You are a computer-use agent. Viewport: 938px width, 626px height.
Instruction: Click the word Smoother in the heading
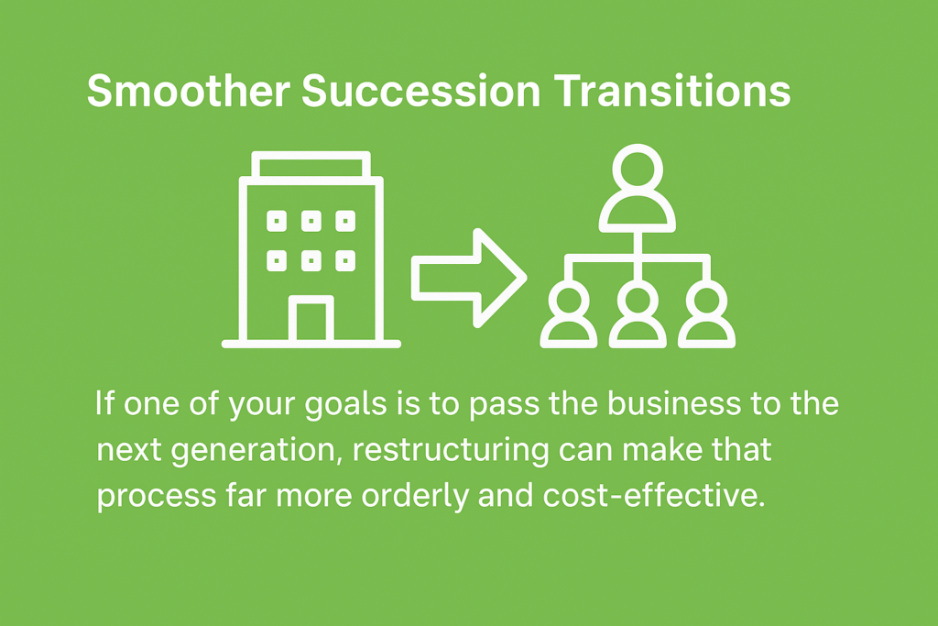point(189,91)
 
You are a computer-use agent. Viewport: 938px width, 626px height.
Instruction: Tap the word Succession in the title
point(421,91)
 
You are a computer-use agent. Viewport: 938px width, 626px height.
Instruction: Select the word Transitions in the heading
point(671,91)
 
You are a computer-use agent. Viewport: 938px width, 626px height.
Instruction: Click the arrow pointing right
point(469,279)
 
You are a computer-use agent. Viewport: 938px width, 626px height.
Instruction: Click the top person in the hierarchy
point(638,188)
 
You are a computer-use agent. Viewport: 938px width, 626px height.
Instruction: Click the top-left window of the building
point(277,221)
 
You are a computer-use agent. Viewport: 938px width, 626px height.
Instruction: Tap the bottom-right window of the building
point(345,261)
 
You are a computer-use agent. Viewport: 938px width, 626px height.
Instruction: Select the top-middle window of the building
point(311,221)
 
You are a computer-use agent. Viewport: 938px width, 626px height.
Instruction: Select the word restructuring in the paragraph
point(451,450)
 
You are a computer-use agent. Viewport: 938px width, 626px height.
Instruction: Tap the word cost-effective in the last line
point(654,496)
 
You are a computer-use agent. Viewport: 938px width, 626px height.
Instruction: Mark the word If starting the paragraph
point(104,402)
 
